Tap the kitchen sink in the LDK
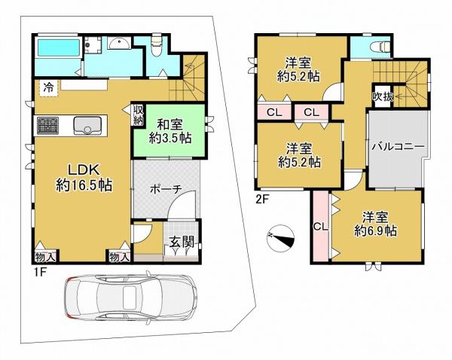coord(87,125)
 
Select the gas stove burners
coord(47,125)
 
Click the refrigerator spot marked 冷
coord(49,88)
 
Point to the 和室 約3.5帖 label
coord(169,132)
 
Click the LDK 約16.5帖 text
coord(84,178)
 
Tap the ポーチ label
coord(166,189)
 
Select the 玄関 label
coord(181,242)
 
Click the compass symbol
coord(280,237)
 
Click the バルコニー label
coord(398,146)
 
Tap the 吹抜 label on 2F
coord(383,97)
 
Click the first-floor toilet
coord(157,44)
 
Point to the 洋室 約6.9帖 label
coord(375,224)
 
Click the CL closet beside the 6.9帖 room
coord(321,227)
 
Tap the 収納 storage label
coord(138,115)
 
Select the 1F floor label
coord(39,273)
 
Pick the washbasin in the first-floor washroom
coord(120,43)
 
